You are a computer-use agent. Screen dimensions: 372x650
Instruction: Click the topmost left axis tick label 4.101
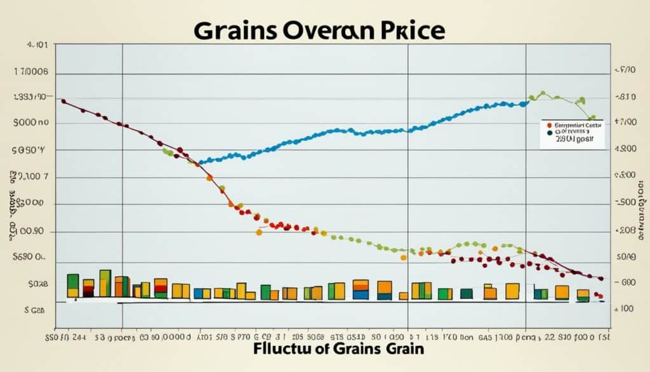point(37,46)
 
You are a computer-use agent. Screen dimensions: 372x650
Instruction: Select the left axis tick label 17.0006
point(31,73)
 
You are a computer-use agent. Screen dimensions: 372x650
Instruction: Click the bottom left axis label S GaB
point(30,310)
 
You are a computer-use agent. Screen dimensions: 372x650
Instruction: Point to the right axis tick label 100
point(626,308)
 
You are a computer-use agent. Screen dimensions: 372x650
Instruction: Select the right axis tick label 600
point(627,282)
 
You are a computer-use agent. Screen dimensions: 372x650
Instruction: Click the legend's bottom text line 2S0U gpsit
point(572,139)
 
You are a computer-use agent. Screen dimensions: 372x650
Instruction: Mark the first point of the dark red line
point(63,100)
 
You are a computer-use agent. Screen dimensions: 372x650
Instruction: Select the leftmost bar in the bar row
point(73,286)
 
